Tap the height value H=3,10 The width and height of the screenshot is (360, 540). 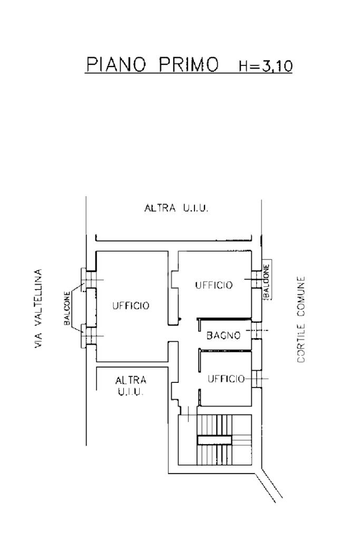pyautogui.click(x=266, y=65)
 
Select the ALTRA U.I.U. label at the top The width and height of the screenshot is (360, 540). pyautogui.click(x=176, y=208)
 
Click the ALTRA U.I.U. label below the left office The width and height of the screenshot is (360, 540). pyautogui.click(x=131, y=385)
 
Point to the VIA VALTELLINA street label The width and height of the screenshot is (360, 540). pyautogui.click(x=38, y=308)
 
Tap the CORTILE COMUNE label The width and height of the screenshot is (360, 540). pyautogui.click(x=301, y=319)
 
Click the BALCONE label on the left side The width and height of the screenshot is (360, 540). pyautogui.click(x=67, y=308)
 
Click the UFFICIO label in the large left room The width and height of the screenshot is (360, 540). pyautogui.click(x=131, y=305)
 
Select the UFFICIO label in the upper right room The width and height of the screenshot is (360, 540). pyautogui.click(x=213, y=285)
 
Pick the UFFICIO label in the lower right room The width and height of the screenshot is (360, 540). pyautogui.click(x=226, y=379)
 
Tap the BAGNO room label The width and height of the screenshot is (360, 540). pyautogui.click(x=223, y=335)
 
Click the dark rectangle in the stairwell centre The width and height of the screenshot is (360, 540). pyautogui.click(x=214, y=440)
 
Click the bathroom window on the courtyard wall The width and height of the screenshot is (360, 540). pyautogui.click(x=256, y=331)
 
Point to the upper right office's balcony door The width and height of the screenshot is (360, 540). pyautogui.click(x=256, y=279)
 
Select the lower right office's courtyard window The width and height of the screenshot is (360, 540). pyautogui.click(x=257, y=379)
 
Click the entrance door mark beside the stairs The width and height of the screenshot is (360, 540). pyautogui.click(x=188, y=413)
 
